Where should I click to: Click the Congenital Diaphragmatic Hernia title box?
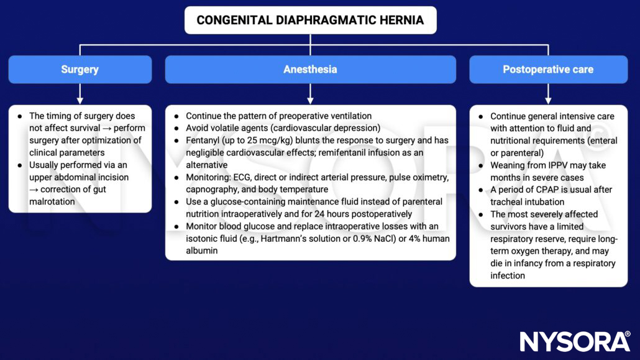310,20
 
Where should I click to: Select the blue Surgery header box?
80,69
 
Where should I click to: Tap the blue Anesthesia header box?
310,69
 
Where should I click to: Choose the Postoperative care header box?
548,69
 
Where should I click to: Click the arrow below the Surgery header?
80,94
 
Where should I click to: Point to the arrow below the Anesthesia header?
310,94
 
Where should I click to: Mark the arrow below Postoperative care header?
548,94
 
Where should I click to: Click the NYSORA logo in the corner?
575,341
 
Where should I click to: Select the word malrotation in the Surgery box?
53,201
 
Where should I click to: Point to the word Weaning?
510,165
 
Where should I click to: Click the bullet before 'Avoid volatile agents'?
176,128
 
